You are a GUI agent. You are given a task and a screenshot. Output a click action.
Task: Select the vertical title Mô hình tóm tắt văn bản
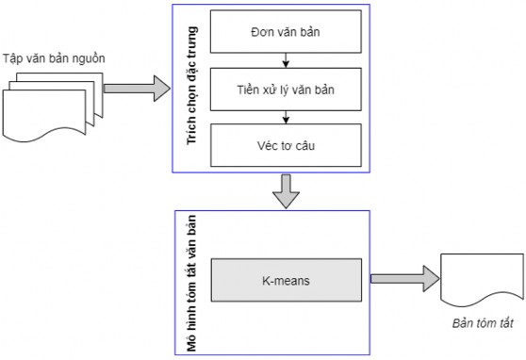tap(189, 280)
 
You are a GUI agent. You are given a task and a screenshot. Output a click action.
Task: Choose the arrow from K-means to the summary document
tap(405, 280)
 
